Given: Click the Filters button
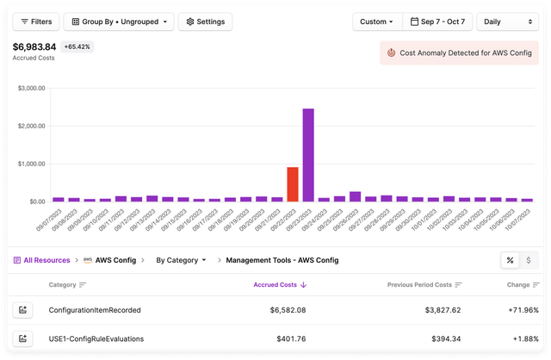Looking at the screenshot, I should click(35, 22).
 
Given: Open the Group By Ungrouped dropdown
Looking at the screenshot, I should click(118, 22).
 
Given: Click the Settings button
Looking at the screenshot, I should click(205, 22).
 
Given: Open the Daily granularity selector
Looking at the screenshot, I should click(508, 22).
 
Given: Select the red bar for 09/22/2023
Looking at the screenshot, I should click(293, 183).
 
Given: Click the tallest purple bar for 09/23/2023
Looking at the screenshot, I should click(308, 154).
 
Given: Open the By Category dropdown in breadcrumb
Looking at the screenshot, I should click(181, 259).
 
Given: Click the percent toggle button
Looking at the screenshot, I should click(511, 259).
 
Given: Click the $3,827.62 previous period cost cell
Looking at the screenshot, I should click(439, 309).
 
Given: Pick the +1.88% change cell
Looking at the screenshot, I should click(522, 338).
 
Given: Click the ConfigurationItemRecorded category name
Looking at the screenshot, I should click(95, 309).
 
